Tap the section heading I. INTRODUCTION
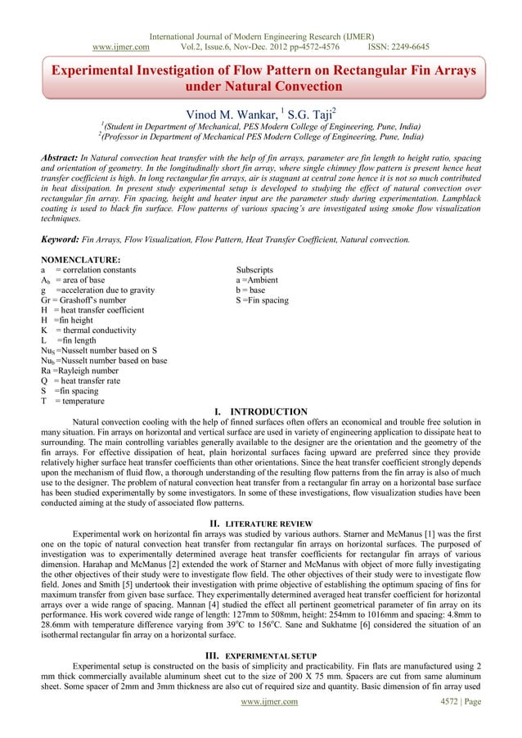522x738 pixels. pos(260,412)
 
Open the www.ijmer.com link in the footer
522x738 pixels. pos(260,722)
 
